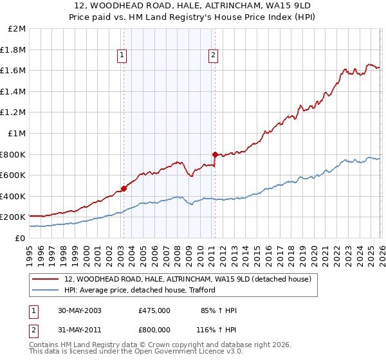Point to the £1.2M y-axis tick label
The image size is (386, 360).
coord(14,113)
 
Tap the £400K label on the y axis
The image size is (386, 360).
coord(14,196)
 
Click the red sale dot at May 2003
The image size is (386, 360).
coord(124,188)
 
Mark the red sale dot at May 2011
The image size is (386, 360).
coord(214,154)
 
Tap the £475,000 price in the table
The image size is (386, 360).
coord(154,310)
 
